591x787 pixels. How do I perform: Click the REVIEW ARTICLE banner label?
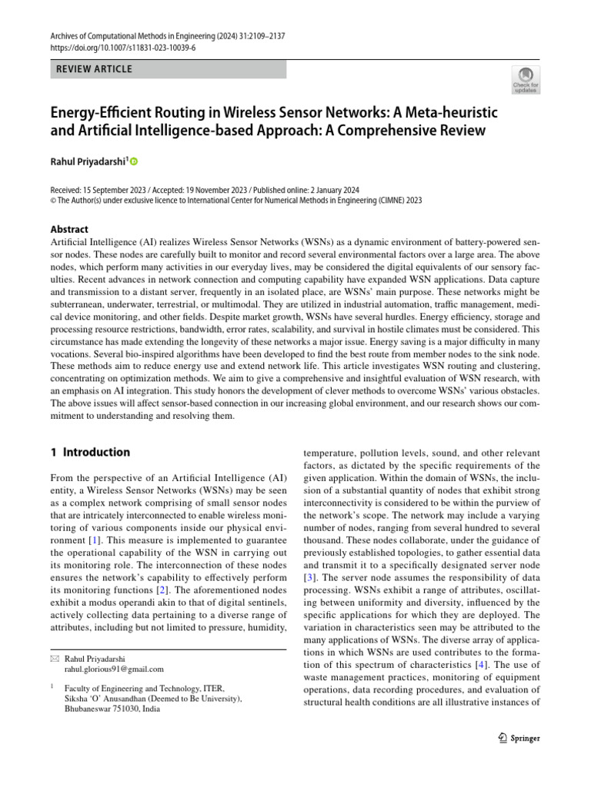(95, 69)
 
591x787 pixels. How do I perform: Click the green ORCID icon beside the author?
(133, 161)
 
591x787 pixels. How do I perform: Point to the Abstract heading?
(69, 229)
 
